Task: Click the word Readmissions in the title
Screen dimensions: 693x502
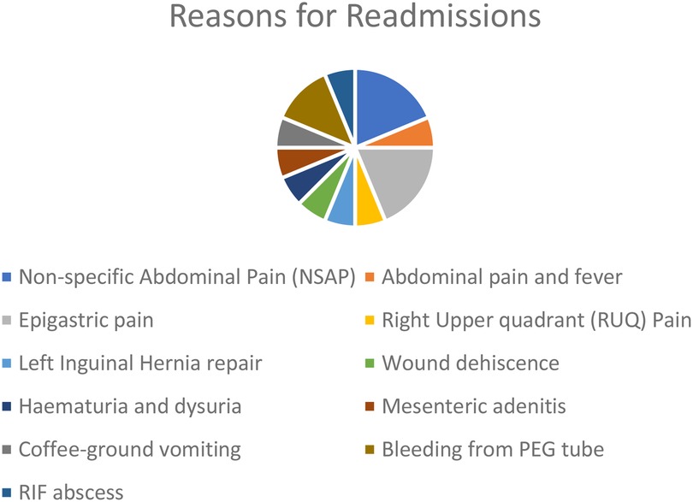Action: tap(443, 16)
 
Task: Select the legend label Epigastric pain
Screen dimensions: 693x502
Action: tap(86, 321)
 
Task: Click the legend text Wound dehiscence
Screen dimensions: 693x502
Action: tap(471, 363)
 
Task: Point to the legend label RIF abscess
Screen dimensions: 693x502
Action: tap(71, 493)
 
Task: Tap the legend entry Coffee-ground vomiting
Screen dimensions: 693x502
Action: tap(130, 450)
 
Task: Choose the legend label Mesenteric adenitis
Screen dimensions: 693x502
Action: tap(474, 406)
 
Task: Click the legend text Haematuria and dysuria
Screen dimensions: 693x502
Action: tap(130, 406)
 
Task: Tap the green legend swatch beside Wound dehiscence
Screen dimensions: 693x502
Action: tap(370, 363)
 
